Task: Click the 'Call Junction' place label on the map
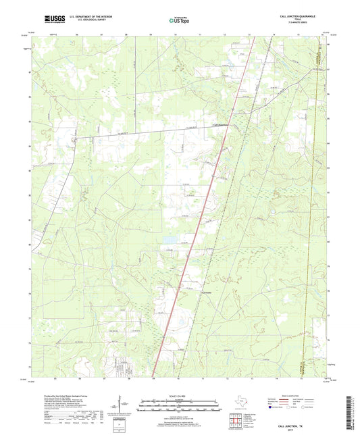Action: (x=222, y=124)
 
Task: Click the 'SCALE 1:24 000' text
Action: (x=180, y=395)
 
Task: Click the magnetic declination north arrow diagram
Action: (x=122, y=405)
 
